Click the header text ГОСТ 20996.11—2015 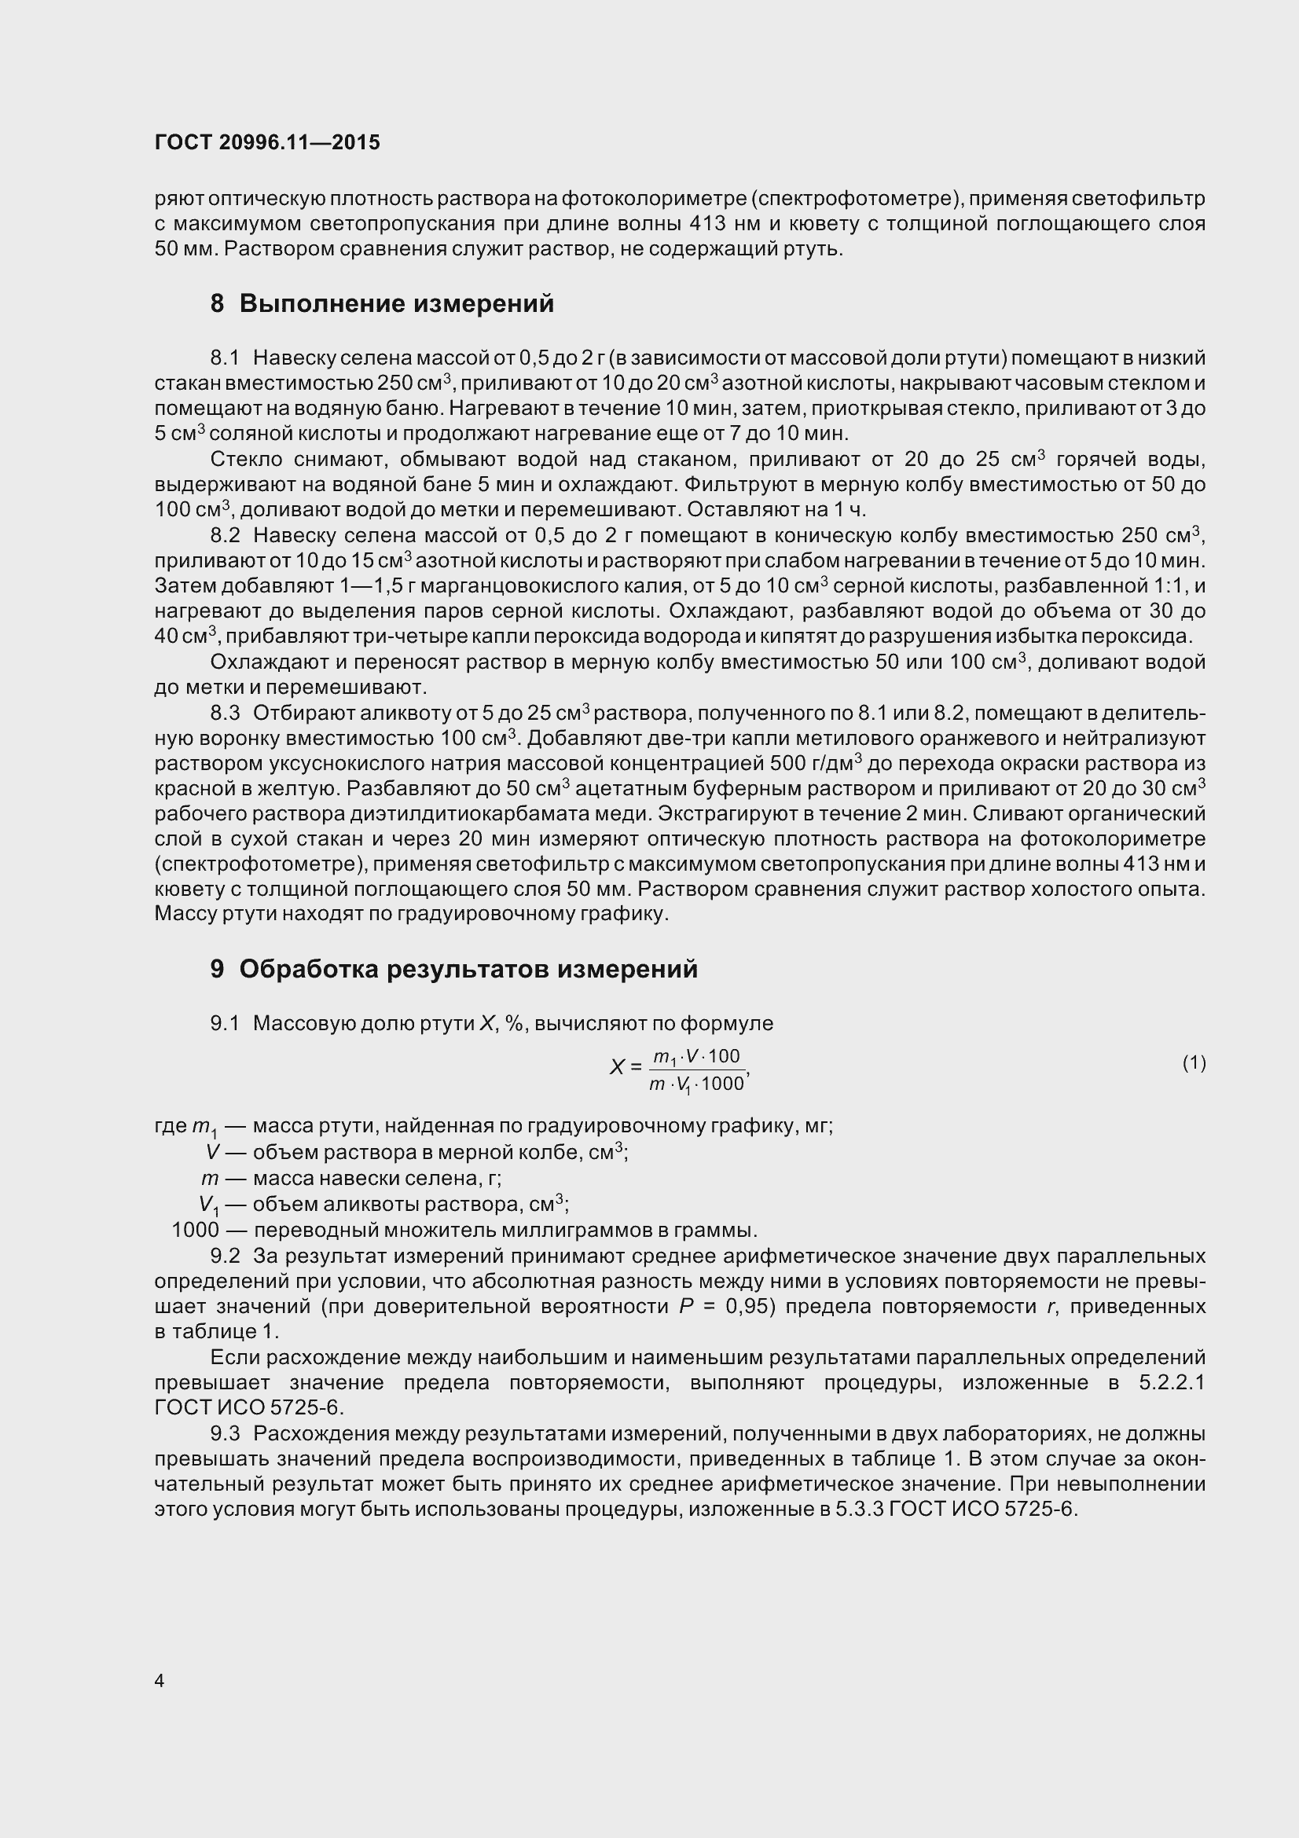click(267, 142)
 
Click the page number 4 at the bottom click(160, 1681)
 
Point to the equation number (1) click(1194, 1063)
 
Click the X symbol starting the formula click(617, 1067)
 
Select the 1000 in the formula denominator click(722, 1084)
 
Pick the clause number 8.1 click(225, 358)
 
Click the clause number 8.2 click(225, 536)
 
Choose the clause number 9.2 click(225, 1256)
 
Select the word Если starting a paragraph click(234, 1358)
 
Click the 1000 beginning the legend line click(196, 1231)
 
